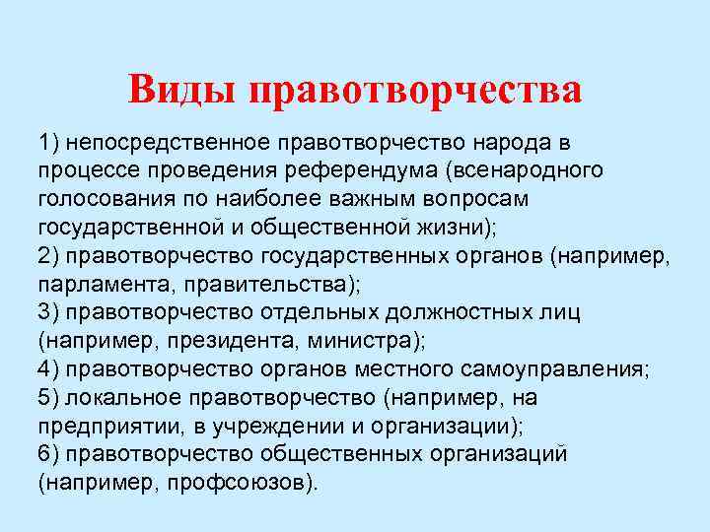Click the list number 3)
point(50,312)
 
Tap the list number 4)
point(50,369)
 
